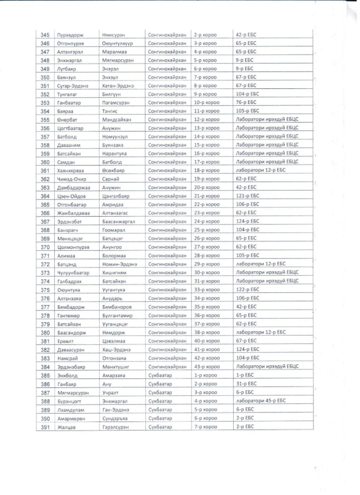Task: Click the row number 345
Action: pos(45,35)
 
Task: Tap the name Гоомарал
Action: pos(114,230)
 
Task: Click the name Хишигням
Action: pos(115,273)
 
